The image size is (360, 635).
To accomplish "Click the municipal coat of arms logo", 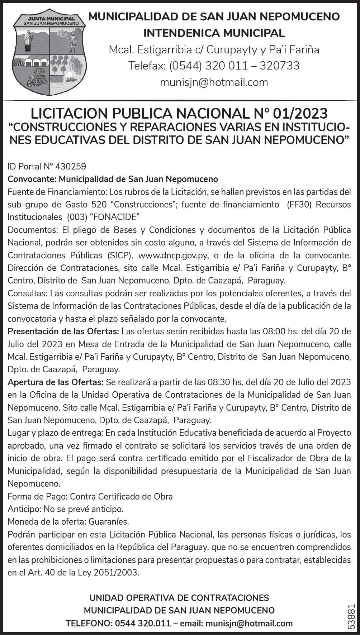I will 49,54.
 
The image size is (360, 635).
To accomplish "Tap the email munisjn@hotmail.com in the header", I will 214,82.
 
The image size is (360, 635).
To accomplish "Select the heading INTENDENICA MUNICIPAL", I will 214,33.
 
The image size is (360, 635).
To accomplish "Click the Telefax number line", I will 214,66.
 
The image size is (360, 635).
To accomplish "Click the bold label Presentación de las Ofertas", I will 63,331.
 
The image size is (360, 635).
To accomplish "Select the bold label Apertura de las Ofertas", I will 56,382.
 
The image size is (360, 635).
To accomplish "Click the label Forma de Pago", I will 37,496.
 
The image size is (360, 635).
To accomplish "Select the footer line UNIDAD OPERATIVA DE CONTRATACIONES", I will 179,598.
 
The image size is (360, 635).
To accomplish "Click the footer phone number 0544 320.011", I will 143,623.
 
